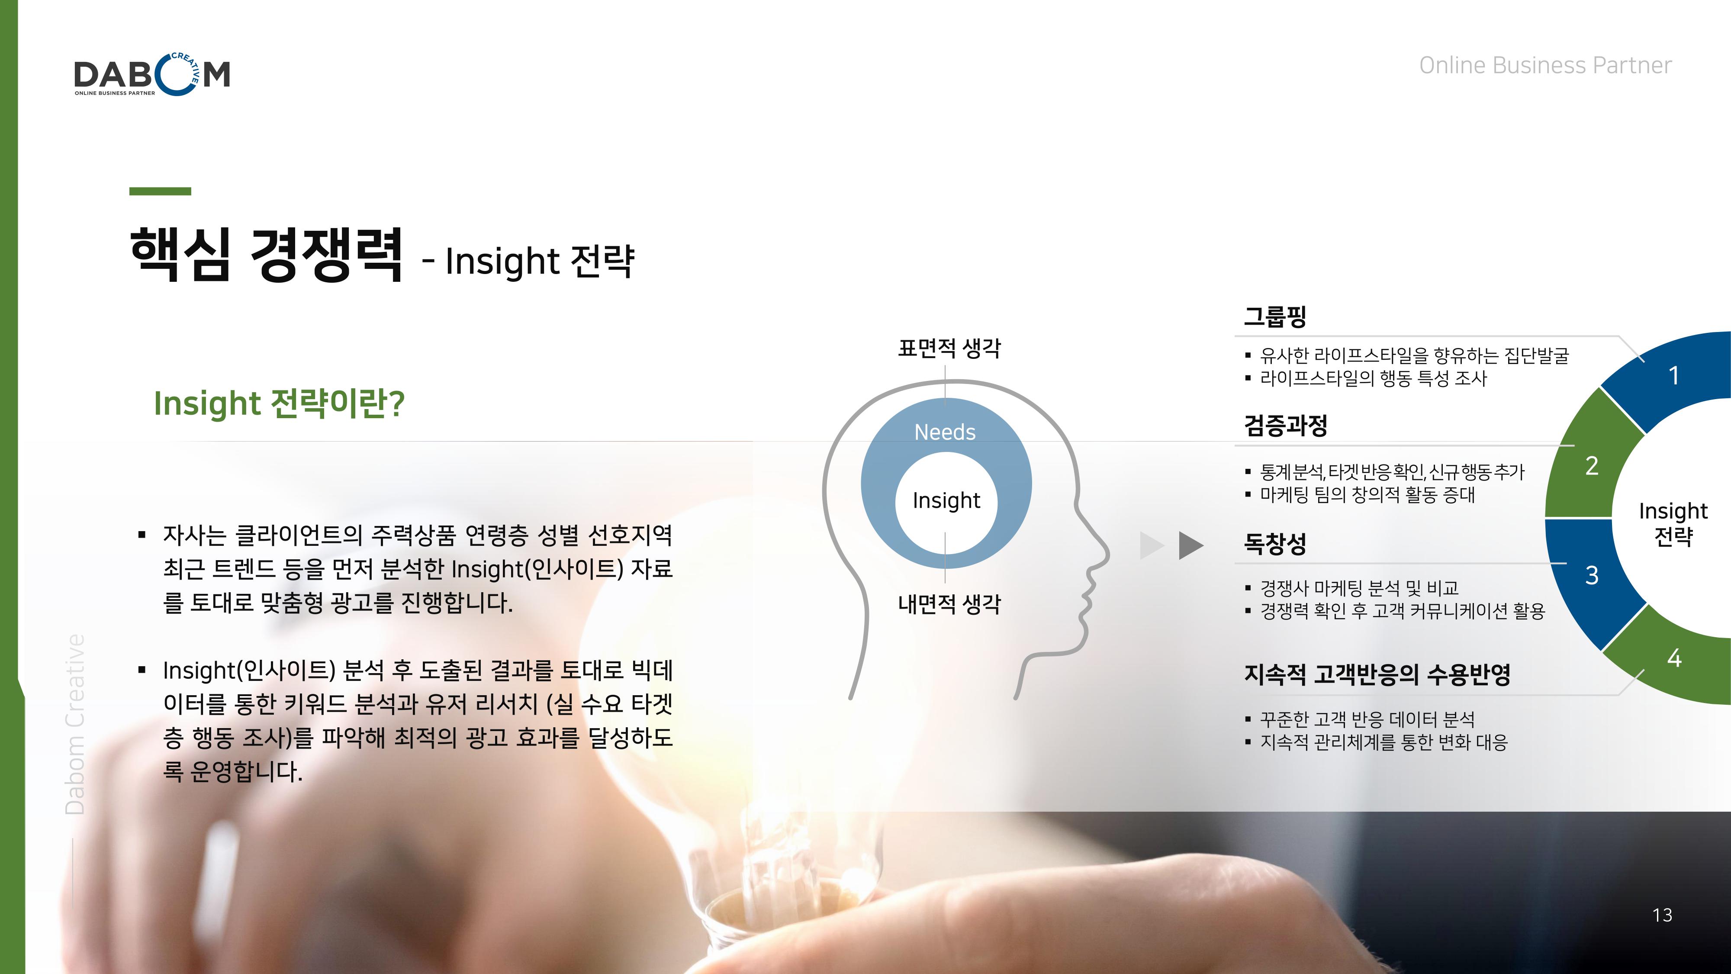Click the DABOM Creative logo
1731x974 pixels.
point(152,74)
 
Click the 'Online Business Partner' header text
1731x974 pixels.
point(1545,65)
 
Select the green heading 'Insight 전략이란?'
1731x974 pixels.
point(279,403)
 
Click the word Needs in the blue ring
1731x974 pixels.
point(945,432)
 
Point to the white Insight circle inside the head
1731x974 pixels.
point(946,501)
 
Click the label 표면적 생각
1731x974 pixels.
point(949,348)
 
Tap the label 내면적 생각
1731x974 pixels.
point(949,603)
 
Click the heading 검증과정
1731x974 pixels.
point(1285,425)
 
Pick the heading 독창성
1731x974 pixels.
point(1275,543)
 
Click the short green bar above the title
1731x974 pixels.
point(160,192)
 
